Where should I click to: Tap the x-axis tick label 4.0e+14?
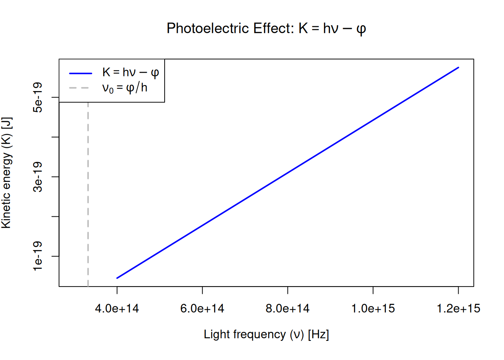pyautogui.click(x=117, y=309)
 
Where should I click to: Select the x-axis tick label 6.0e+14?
pyautogui.click(x=202, y=309)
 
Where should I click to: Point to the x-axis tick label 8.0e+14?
pyautogui.click(x=288, y=309)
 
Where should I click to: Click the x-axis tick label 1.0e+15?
pyautogui.click(x=373, y=309)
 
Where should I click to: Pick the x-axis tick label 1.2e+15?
pyautogui.click(x=458, y=309)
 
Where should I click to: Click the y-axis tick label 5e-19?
pyautogui.click(x=38, y=97)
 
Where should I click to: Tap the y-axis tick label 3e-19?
pyautogui.click(x=38, y=177)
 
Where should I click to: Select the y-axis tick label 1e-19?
pyautogui.click(x=38, y=256)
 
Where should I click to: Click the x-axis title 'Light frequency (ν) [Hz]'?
pyautogui.click(x=266, y=334)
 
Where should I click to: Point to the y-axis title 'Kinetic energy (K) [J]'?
pyautogui.click(x=7, y=172)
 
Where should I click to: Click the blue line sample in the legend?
pyautogui.click(x=80, y=73)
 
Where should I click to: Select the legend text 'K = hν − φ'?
pyautogui.click(x=130, y=72)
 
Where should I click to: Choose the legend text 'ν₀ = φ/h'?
pyautogui.click(x=125, y=88)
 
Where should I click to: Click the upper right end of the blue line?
pyautogui.click(x=458, y=67)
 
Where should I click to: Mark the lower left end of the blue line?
pyautogui.click(x=117, y=278)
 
